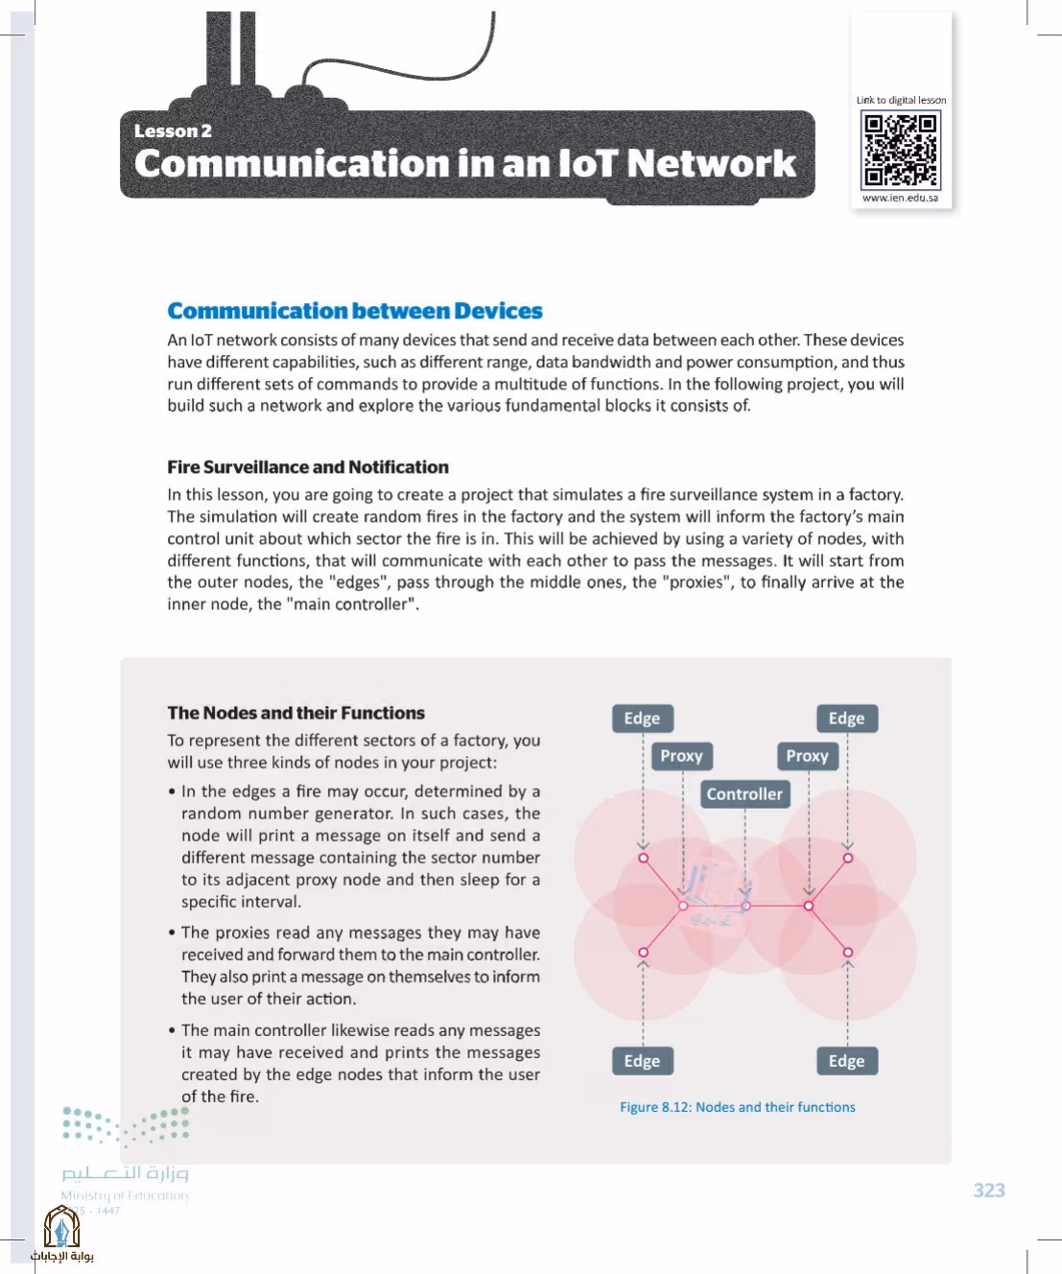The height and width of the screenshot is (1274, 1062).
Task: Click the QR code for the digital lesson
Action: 900,151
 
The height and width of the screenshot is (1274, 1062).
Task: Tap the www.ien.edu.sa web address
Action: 900,198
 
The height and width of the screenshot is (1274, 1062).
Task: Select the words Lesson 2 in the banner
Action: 173,130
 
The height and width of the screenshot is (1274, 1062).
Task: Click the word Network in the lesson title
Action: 712,163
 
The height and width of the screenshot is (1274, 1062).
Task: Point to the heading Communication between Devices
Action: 355,311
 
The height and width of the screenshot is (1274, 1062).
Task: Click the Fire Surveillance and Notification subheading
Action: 308,467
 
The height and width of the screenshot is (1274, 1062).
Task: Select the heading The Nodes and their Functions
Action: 296,713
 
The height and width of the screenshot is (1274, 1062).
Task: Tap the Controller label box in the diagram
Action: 744,793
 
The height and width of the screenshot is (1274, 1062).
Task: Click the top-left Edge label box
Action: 643,719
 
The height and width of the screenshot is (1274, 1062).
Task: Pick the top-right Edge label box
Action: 847,719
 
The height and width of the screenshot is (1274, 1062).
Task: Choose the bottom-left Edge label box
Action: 643,1061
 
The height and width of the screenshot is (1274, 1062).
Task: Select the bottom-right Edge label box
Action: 847,1061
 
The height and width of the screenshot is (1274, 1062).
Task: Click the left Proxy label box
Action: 682,756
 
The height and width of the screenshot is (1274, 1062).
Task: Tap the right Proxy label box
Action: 808,756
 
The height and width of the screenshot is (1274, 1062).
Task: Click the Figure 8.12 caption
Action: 738,1107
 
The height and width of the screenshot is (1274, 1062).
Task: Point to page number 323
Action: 989,1190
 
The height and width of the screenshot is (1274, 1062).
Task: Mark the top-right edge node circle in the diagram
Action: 848,858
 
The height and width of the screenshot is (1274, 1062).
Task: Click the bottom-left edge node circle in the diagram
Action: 644,953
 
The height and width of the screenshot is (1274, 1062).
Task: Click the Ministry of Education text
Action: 125,1196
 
